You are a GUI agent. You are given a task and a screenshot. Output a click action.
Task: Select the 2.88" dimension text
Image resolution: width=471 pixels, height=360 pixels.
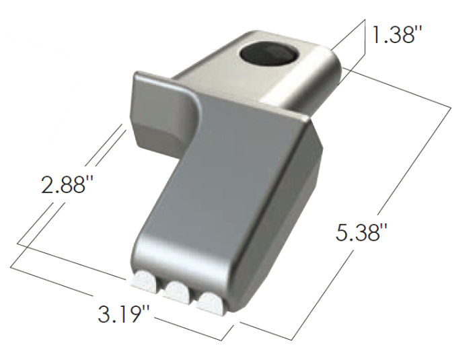[65, 184]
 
